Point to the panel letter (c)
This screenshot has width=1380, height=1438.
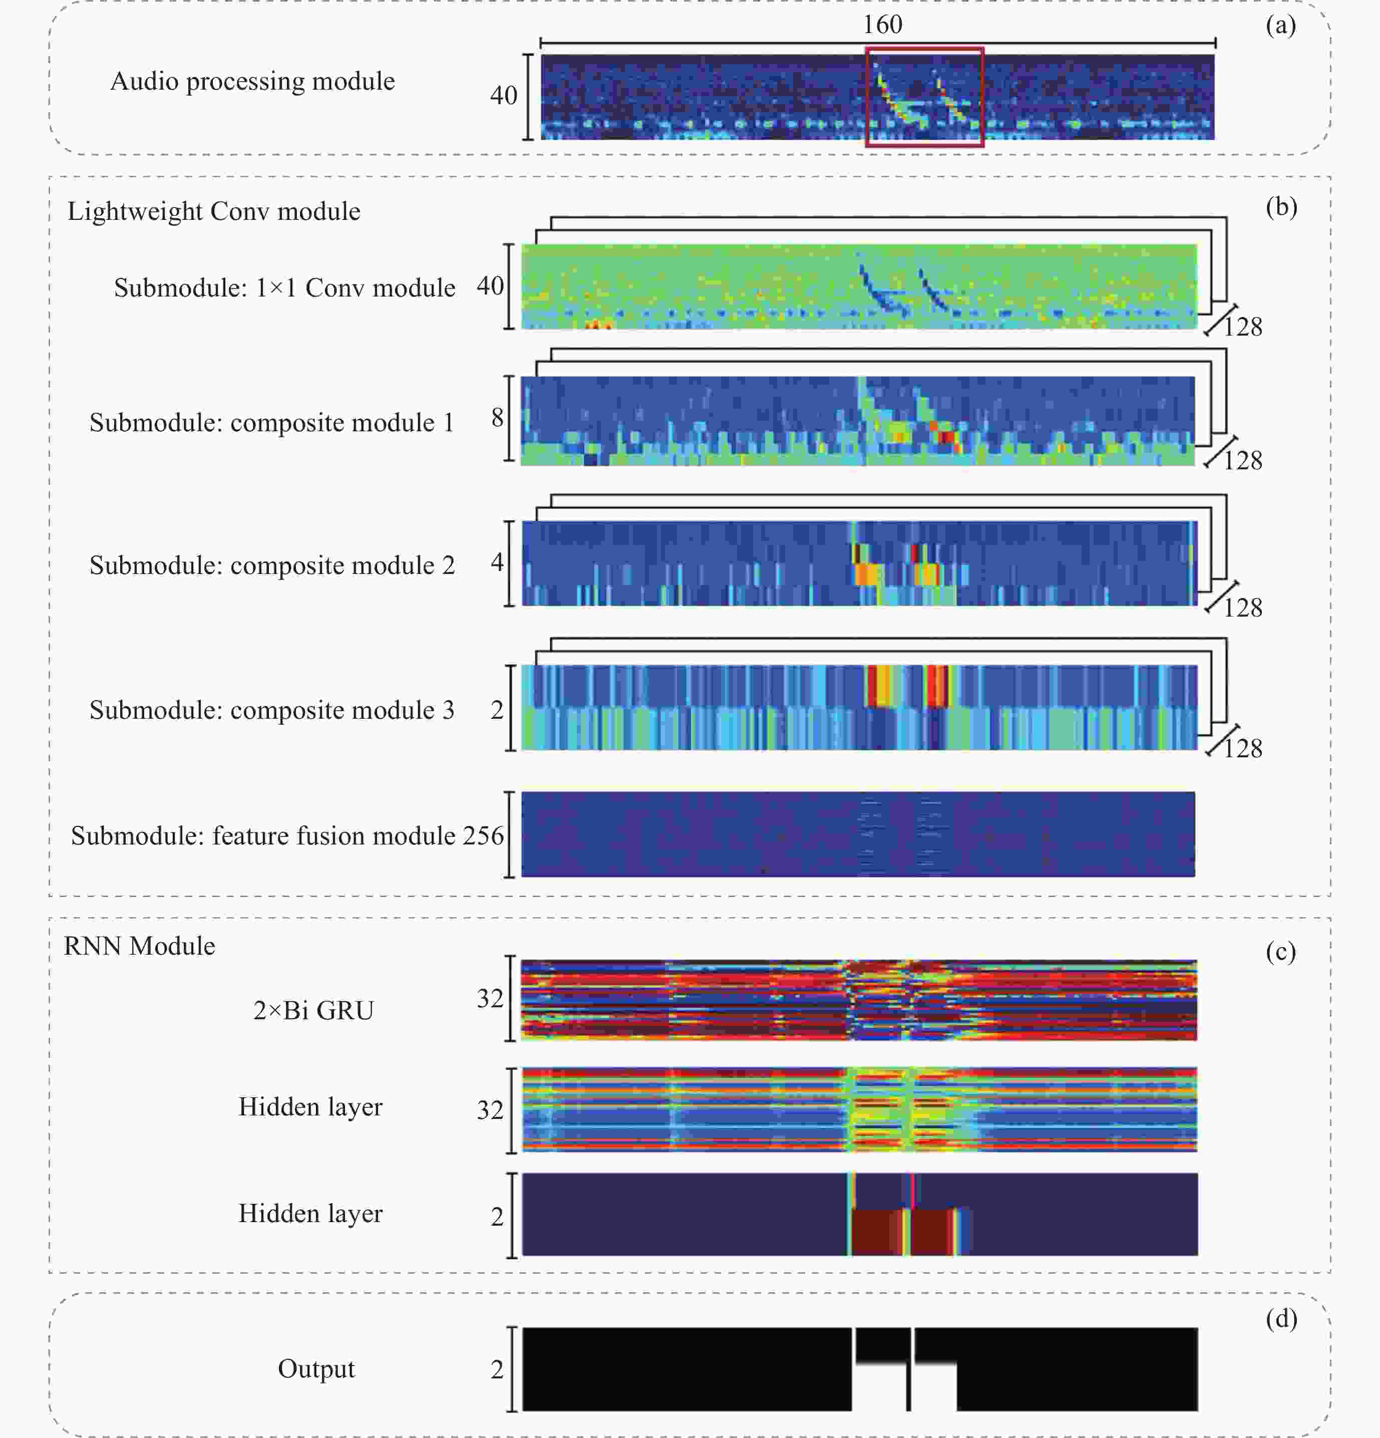point(1280,952)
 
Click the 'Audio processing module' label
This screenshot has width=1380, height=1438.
point(252,81)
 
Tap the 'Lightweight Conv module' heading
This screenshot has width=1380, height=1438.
point(213,211)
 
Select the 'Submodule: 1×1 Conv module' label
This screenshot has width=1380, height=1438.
point(284,287)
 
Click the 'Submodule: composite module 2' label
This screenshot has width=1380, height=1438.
point(272,565)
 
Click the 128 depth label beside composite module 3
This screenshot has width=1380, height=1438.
point(1243,748)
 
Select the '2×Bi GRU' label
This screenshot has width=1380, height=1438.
point(313,1010)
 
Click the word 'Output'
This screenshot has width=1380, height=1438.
point(316,1368)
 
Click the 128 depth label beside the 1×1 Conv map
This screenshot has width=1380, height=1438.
point(1243,327)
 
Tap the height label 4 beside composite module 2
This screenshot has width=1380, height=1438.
point(497,562)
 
